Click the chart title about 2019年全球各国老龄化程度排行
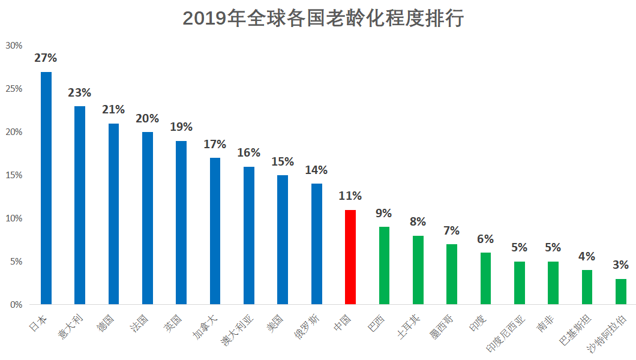tap(323, 19)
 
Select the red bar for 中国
tap(350, 257)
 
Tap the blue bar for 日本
tap(46, 188)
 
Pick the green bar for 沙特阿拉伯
tap(621, 292)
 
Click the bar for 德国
tap(113, 214)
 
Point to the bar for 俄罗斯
tap(317, 244)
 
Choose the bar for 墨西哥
tap(452, 274)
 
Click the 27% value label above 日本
tap(46, 58)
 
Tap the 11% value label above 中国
tap(350, 196)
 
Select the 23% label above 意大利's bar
tap(79, 93)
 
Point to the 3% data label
tap(620, 265)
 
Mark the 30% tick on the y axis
tap(14, 46)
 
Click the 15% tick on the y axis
tap(14, 175)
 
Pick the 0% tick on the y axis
tap(16, 304)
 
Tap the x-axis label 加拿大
tap(205, 327)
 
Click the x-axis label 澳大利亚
tap(237, 330)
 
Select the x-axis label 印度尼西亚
tap(506, 333)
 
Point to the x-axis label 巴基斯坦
tap(575, 330)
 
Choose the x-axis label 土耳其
tap(408, 327)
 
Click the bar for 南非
tap(553, 283)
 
